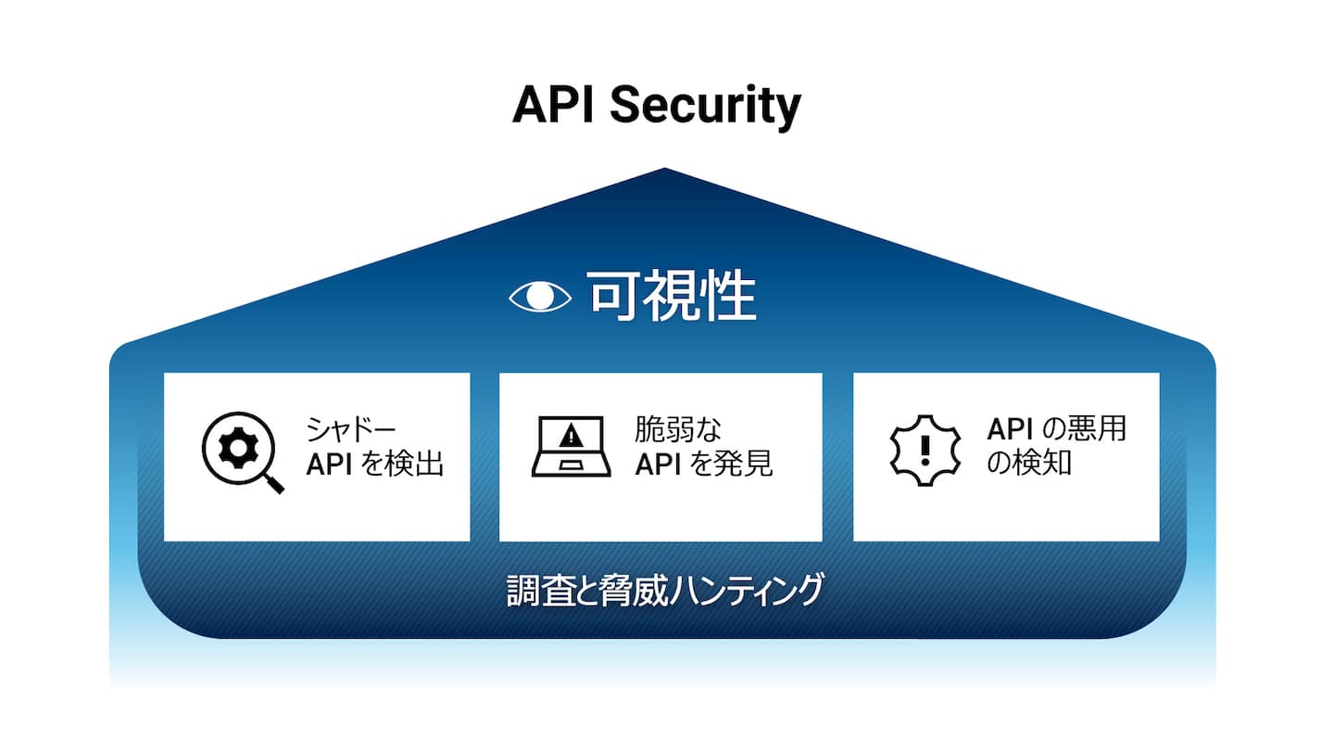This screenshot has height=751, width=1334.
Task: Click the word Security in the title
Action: (705, 108)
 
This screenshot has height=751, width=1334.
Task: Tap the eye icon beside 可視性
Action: (541, 297)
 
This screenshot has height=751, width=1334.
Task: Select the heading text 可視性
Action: (672, 297)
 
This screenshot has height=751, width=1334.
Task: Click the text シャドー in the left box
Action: (351, 430)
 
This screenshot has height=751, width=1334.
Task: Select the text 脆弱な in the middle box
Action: (678, 430)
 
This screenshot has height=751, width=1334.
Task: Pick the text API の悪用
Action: (1056, 430)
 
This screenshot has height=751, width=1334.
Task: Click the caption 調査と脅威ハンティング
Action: (664, 591)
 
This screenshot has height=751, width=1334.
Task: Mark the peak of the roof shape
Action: (664, 170)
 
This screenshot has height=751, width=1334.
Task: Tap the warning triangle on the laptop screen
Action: (571, 434)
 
